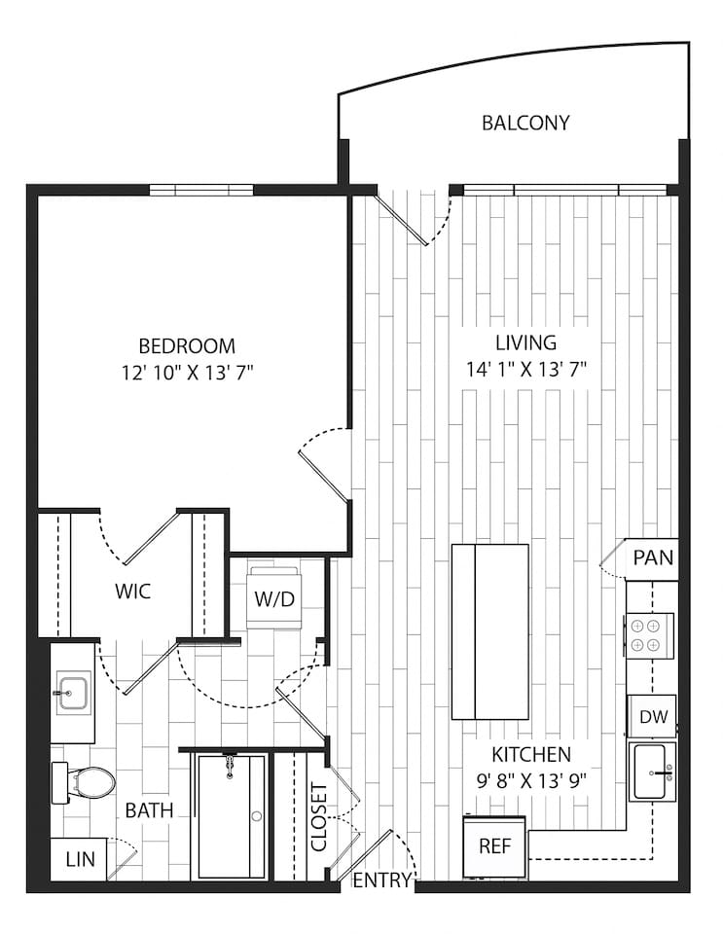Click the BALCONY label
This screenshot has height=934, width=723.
525,124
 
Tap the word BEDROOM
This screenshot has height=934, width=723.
187,346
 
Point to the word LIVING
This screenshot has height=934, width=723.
525,342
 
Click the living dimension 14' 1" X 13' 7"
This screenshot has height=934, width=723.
525,369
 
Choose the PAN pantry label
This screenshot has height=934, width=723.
653,558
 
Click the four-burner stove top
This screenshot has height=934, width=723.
642,633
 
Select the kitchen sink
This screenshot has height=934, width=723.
652,772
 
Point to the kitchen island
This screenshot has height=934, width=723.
490,631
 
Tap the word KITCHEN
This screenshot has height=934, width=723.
530,754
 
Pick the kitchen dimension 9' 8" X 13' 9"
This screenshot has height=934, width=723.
530,779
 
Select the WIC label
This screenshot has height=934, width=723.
132,592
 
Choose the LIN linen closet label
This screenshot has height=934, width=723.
80,859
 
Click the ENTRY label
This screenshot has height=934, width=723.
381,881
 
